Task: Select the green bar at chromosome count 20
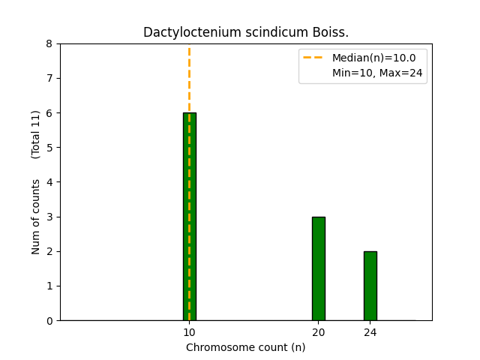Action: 318,268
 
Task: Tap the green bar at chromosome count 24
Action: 370,286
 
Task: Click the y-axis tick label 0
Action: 49,321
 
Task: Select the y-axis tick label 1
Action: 49,286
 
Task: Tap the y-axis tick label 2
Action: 49,251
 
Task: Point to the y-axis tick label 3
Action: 49,217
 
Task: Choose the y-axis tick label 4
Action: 49,182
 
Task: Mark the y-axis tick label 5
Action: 49,148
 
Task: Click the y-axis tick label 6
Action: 49,113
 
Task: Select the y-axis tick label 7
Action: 49,79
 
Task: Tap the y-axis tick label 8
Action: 49,44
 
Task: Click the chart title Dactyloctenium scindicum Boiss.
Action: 246,33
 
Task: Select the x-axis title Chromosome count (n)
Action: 246,347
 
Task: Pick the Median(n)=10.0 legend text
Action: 379,57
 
